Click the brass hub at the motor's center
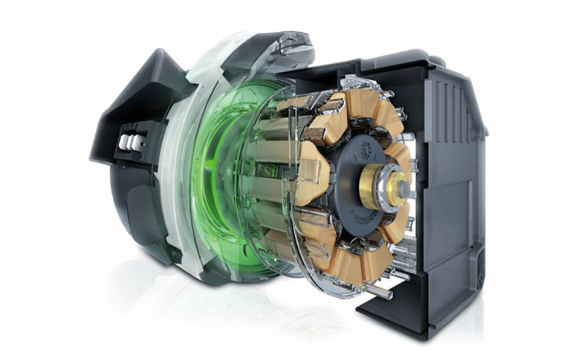tap(372, 186)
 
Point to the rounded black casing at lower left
tap(139, 220)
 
